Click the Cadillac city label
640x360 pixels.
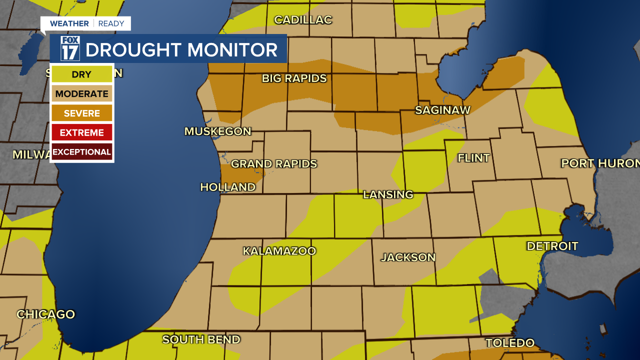[303, 20]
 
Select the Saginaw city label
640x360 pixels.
[442, 110]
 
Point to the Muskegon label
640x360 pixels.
[217, 131]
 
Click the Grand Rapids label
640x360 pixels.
[273, 164]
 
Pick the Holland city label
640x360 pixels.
[227, 187]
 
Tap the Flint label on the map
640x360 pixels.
[473, 158]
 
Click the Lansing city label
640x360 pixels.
[388, 194]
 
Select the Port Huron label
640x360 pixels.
[600, 163]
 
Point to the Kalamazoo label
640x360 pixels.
[279, 251]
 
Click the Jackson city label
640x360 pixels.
[408, 257]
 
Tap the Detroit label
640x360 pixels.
[552, 246]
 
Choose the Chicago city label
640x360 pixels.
[45, 314]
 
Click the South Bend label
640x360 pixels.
[201, 339]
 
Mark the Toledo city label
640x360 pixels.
[510, 343]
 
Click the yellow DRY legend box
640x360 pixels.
[81, 74]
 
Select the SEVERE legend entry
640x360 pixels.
[81, 113]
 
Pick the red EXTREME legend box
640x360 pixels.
[81, 132]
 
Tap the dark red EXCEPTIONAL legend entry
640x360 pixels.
[81, 151]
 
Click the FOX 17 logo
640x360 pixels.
[70, 48]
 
